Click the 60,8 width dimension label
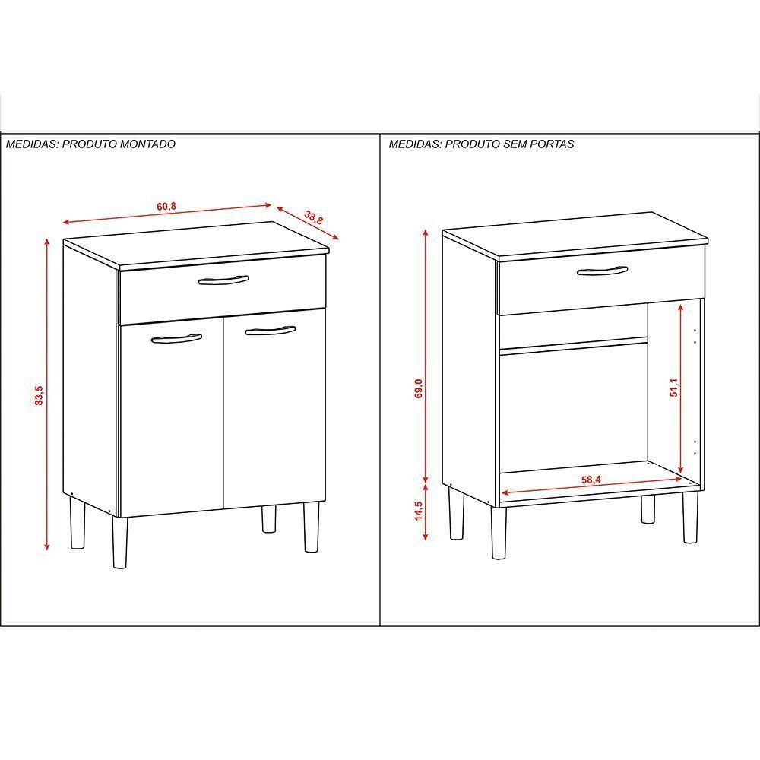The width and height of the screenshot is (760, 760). (x=166, y=206)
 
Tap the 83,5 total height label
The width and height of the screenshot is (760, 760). (x=40, y=396)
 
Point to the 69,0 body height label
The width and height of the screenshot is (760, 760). (x=417, y=388)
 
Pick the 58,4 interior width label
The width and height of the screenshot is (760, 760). (x=591, y=480)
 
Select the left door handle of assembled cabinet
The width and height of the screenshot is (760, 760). (x=172, y=338)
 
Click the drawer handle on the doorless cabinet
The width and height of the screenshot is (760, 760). (x=601, y=271)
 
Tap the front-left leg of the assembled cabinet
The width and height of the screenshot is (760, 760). (x=120, y=543)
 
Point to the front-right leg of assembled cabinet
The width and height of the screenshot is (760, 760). (x=310, y=526)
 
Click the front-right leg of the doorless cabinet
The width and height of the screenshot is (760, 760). (x=690, y=518)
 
